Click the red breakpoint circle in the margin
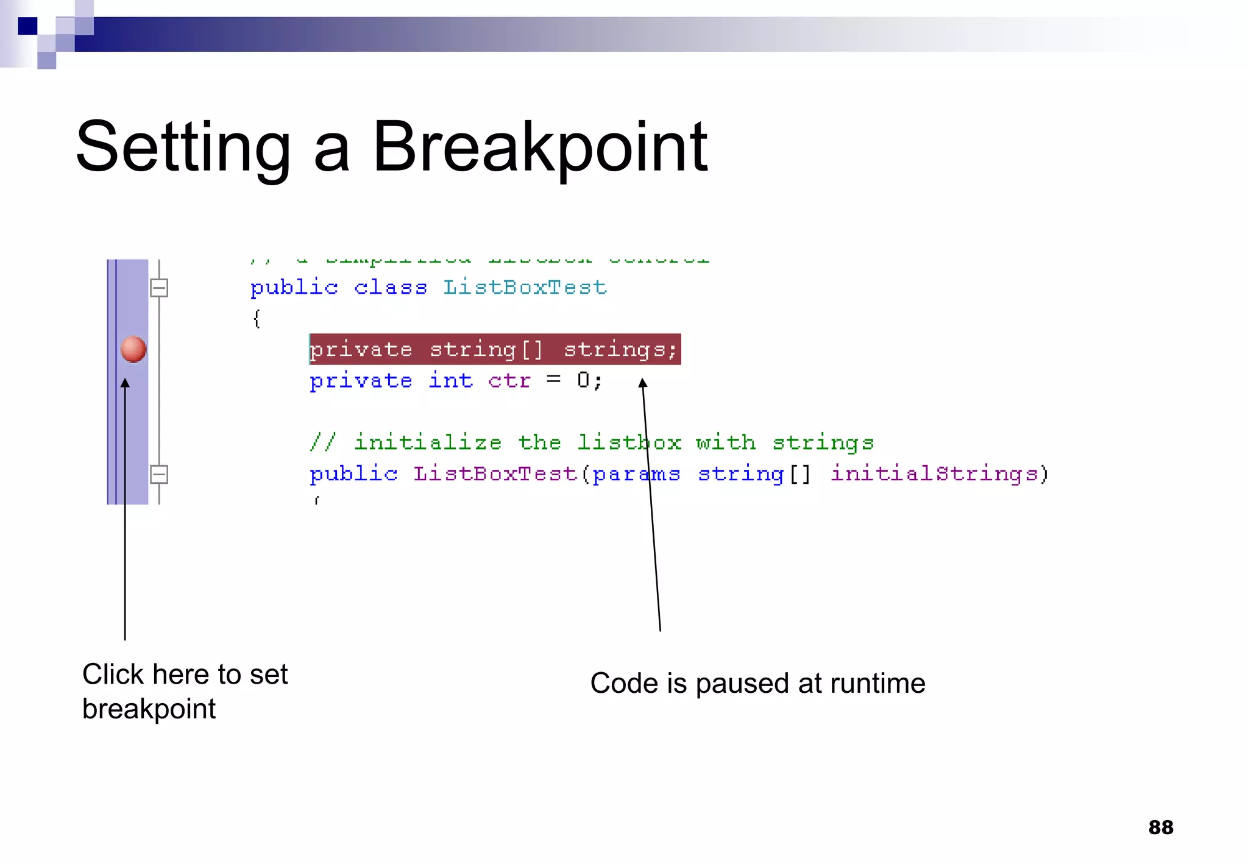pos(133,349)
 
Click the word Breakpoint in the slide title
pos(539,148)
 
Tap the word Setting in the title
pos(183,148)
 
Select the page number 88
pos(1160,827)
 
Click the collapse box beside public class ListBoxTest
pos(159,288)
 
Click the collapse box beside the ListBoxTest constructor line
pos(159,474)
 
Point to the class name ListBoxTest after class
pos(525,287)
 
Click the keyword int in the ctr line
pos(450,380)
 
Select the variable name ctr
pos(509,381)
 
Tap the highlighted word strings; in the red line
pos(620,350)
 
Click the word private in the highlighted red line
pos(361,350)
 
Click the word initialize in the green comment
pos(428,442)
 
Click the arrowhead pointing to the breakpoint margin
pos(125,383)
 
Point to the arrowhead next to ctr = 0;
pos(642,383)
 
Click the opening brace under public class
pos(257,318)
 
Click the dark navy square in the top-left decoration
pos(27,26)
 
